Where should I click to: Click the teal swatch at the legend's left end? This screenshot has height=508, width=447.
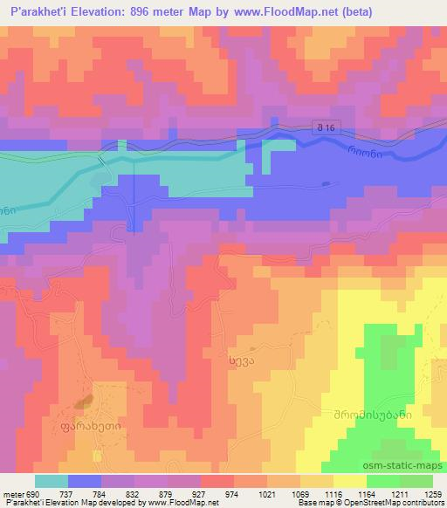pos(52,480)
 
